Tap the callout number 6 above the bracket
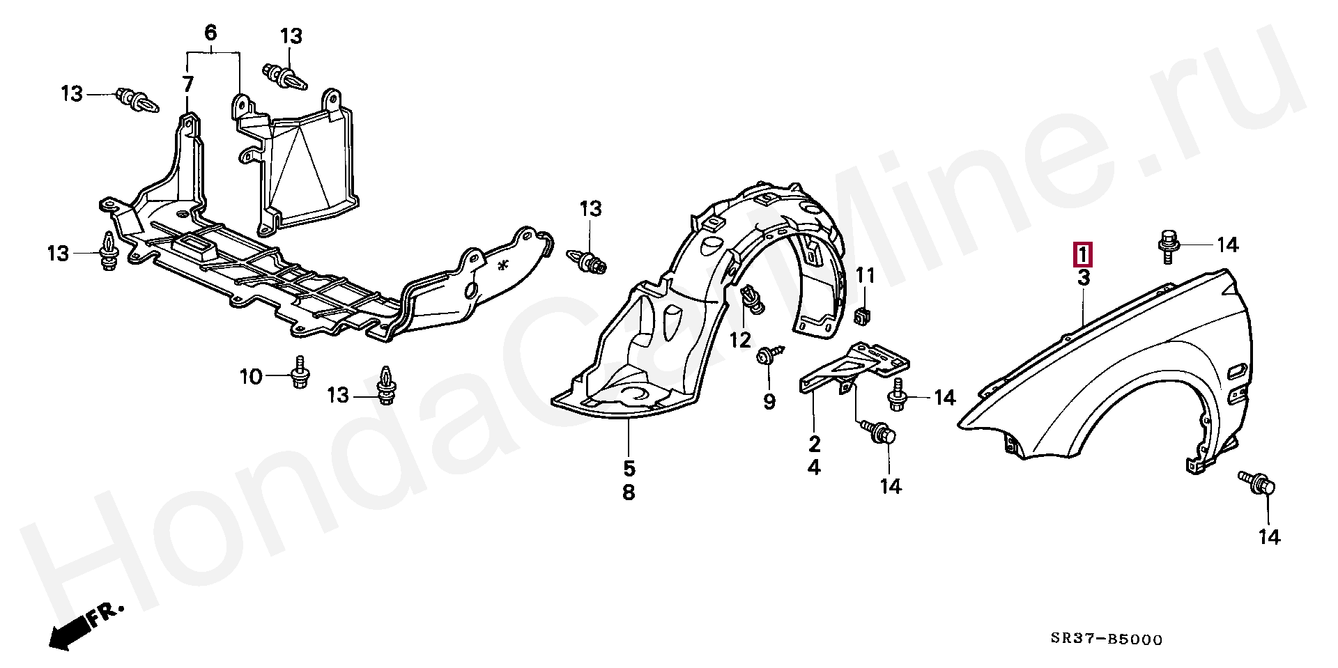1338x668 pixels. pos(210,32)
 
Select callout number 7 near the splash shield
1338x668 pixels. pos(187,85)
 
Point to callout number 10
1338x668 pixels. pos(250,377)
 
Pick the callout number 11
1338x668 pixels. pos(864,275)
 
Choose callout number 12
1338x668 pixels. pos(740,340)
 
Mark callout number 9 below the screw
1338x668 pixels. pos(769,402)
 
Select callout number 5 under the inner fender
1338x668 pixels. pos(629,468)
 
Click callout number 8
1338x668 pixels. pos(629,493)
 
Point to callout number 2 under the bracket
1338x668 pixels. pos(815,443)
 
